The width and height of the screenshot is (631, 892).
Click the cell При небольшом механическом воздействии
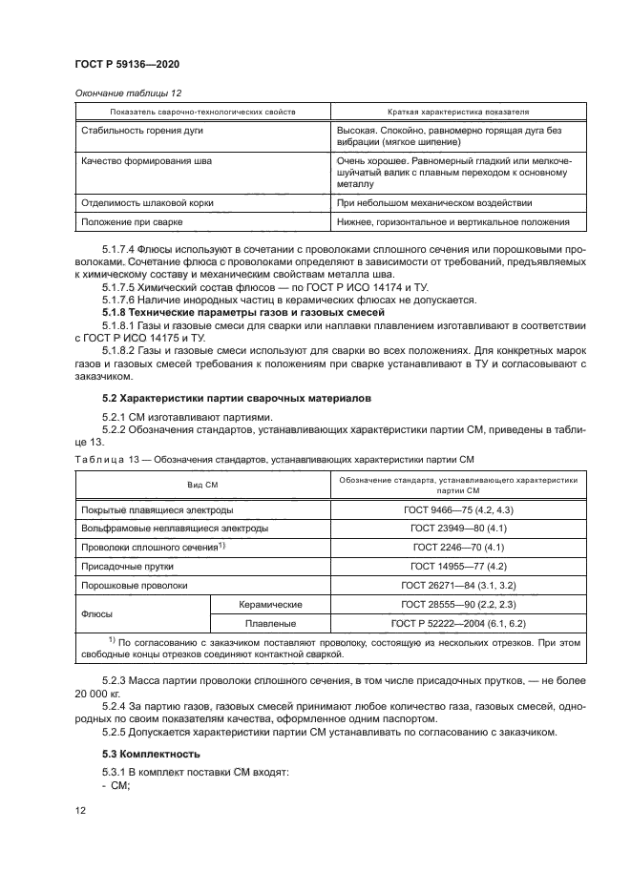click(434, 203)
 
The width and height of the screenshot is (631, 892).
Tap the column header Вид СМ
click(201, 485)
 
